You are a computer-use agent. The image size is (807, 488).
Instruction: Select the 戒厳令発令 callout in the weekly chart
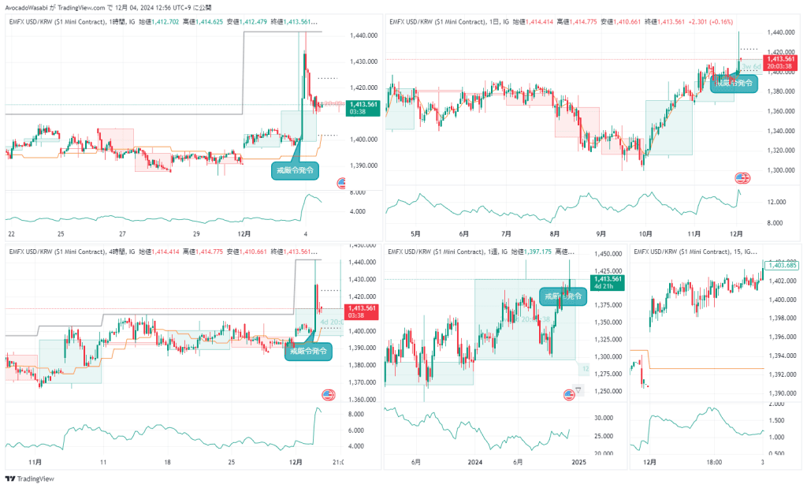point(563,296)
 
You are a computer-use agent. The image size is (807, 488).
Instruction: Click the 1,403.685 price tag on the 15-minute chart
point(783,265)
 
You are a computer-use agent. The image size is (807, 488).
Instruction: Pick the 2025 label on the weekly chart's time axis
point(579,461)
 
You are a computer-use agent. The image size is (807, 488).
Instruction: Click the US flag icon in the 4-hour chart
point(328,394)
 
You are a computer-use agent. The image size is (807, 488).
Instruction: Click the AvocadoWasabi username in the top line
point(28,7)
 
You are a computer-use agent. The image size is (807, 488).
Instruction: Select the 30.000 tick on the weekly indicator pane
point(603,418)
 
